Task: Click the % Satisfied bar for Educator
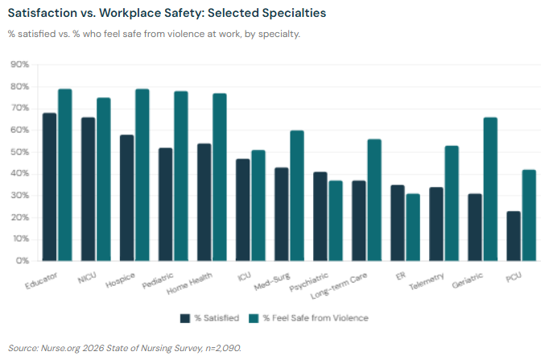(x=50, y=187)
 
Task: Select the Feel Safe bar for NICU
(x=104, y=179)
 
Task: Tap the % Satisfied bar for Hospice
(x=127, y=197)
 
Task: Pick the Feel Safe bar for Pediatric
(x=181, y=176)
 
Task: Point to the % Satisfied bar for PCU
(x=514, y=236)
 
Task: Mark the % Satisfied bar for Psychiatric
(x=320, y=216)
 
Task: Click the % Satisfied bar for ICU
(x=243, y=209)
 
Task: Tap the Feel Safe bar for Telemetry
(x=452, y=203)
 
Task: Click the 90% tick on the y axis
(x=19, y=64)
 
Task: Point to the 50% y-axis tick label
(x=19, y=152)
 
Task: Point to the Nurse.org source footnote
(x=124, y=348)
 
